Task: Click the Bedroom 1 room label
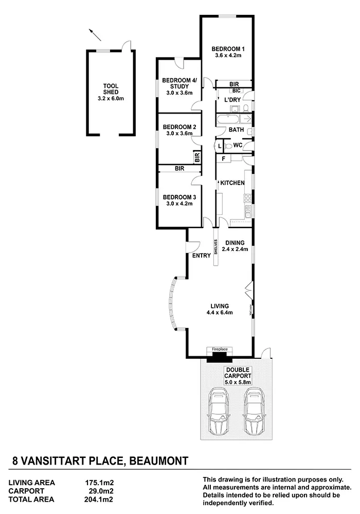[227, 51]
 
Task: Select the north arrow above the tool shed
[94, 35]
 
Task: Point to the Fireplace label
[220, 350]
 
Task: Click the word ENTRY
[201, 255]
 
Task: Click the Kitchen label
[232, 183]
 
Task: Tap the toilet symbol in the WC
[228, 146]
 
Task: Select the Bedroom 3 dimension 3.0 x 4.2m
[179, 204]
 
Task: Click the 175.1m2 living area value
[99, 483]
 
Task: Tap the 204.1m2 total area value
[99, 499]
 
